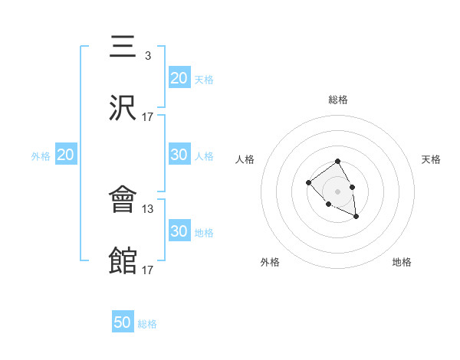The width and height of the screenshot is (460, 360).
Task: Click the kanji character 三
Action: pyautogui.click(x=124, y=47)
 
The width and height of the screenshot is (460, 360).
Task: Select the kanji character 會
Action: pyautogui.click(x=124, y=201)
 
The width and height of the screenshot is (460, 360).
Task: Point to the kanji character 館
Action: pyautogui.click(x=124, y=261)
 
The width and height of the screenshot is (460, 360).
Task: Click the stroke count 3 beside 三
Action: pyautogui.click(x=147, y=55)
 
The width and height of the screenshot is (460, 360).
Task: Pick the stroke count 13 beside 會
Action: pyautogui.click(x=148, y=208)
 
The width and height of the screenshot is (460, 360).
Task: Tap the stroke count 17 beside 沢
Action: pyautogui.click(x=148, y=116)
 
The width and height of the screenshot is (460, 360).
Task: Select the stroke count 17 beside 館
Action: pyautogui.click(x=148, y=270)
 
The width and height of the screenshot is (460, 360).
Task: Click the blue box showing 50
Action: pyautogui.click(x=123, y=322)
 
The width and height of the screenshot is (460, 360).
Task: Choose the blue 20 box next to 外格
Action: pyautogui.click(x=65, y=155)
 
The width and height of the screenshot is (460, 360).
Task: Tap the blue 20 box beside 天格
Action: pyautogui.click(x=179, y=78)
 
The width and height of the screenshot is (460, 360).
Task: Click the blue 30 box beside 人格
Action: pyautogui.click(x=179, y=155)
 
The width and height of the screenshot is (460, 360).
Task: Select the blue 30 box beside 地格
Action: pyautogui.click(x=179, y=231)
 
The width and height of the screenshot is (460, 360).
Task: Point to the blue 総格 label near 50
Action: pyautogui.click(x=147, y=324)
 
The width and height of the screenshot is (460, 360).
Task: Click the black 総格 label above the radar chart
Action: pyautogui.click(x=338, y=100)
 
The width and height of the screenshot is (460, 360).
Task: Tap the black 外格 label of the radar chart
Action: pyautogui.click(x=270, y=262)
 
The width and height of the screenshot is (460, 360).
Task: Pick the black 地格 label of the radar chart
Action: pyautogui.click(x=402, y=262)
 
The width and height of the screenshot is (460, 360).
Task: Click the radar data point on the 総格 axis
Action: pyautogui.click(x=337, y=161)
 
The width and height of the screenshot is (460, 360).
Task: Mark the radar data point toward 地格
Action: pyautogui.click(x=356, y=218)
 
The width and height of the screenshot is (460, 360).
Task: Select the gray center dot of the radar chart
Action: pyautogui.click(x=337, y=191)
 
